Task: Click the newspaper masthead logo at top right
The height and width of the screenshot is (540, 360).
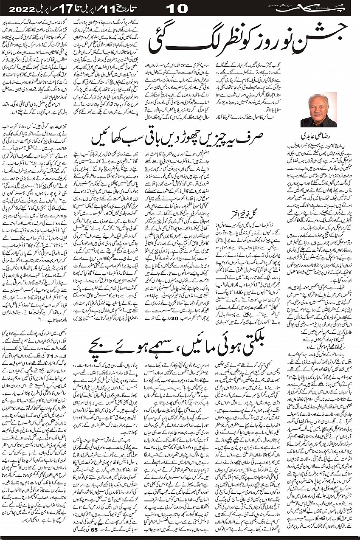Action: (329, 8)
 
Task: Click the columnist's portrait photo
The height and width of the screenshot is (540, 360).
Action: (318, 110)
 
